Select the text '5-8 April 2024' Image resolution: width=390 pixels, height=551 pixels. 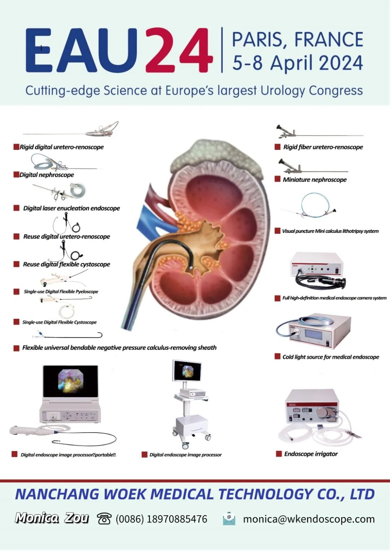point(298,63)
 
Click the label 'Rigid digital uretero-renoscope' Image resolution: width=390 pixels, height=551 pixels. point(61,147)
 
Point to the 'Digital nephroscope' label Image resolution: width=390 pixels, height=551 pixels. point(47,175)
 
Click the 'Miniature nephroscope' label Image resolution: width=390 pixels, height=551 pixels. point(315,179)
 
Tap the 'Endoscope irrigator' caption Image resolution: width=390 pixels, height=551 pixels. point(311,454)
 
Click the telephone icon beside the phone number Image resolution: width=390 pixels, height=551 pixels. point(104,519)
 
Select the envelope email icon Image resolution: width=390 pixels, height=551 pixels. point(229,519)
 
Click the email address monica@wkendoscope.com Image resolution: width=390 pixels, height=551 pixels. point(309,519)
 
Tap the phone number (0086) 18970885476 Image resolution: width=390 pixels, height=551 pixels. point(161,519)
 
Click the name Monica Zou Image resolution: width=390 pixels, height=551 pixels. point(52,518)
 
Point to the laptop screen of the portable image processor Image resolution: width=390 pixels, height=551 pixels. point(70,382)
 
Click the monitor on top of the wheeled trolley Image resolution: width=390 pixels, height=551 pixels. point(187,371)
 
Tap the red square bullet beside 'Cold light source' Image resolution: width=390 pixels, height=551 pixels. point(277,356)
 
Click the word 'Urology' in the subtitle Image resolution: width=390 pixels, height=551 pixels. point(282,90)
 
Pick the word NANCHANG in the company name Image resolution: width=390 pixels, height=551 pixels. point(57,494)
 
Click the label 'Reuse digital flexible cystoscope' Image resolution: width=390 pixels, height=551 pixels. point(66,264)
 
